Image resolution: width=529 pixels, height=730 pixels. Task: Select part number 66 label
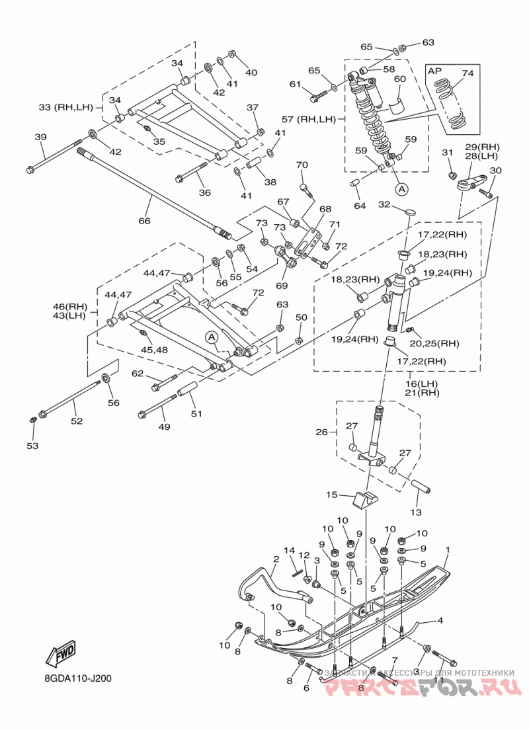pos(145,220)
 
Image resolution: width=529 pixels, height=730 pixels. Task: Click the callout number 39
pos(41,137)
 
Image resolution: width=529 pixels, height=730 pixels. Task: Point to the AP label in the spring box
pos(434,71)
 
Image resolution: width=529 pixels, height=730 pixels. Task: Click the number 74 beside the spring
pos(468,73)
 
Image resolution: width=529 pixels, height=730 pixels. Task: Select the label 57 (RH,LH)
pos(309,119)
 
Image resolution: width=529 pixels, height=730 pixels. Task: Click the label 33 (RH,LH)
pos(65,108)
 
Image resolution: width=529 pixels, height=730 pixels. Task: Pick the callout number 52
pos(77,421)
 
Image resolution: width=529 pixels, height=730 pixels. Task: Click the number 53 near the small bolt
pos(32,446)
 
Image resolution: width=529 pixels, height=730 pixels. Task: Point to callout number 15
pos(331,495)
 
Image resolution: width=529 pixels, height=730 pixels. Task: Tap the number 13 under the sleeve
pos(416,512)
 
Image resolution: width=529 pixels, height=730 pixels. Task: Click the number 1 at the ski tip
pos(448,550)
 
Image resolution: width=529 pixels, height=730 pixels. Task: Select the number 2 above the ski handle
pos(276,559)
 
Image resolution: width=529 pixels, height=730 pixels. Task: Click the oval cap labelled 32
pos(410,212)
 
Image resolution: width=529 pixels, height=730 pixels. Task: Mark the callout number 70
pos(302,165)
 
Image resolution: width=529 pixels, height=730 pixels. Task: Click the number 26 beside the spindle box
pos(322,432)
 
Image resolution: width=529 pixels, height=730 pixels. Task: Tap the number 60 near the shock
pos(400,79)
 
